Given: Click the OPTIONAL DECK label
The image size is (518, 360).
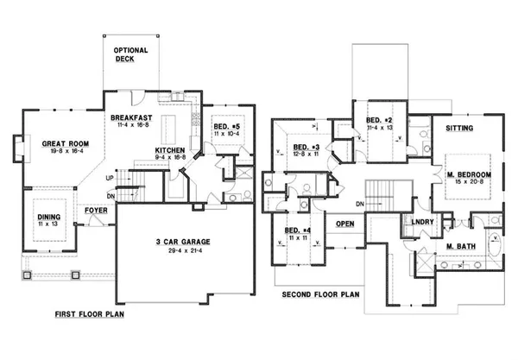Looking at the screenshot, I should (131, 56).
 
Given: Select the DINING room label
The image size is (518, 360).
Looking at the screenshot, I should (48, 218).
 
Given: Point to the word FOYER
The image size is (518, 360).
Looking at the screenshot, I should (95, 210).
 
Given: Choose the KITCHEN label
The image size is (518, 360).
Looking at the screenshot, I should (170, 151).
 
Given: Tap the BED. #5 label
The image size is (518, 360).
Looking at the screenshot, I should (228, 127).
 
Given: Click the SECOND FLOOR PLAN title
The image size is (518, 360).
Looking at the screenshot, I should (319, 294).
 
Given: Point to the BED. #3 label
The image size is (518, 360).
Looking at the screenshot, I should (305, 146).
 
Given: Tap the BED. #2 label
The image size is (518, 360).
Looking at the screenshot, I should (380, 120).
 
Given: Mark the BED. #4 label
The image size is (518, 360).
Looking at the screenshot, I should (298, 230).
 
